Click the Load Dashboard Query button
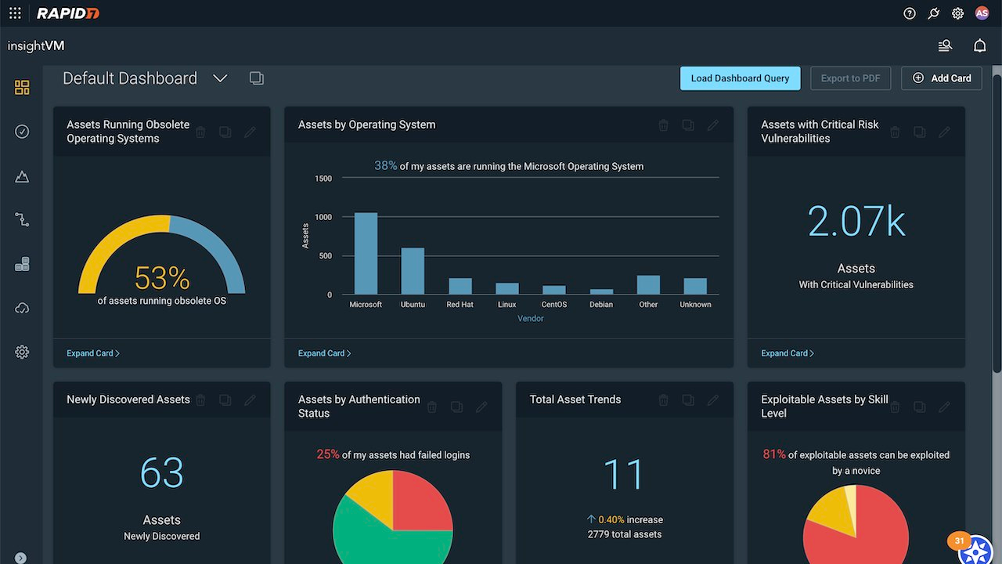740,78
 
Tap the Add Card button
942,78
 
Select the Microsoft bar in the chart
366,253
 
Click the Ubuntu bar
413,271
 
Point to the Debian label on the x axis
601,305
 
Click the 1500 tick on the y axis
323,179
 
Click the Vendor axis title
531,319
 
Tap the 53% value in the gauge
162,278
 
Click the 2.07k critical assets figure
856,221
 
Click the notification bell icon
979,45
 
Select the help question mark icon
910,13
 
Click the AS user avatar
982,13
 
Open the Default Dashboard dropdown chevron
220,79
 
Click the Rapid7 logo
68,13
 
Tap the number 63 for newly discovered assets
162,472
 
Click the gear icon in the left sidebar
22,352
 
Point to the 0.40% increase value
611,519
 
